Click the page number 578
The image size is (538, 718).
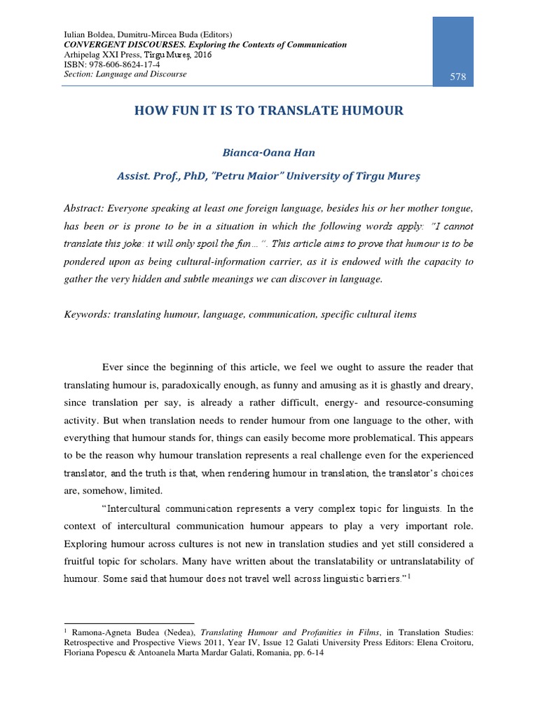(x=457, y=77)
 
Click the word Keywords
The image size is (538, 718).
(x=88, y=314)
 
